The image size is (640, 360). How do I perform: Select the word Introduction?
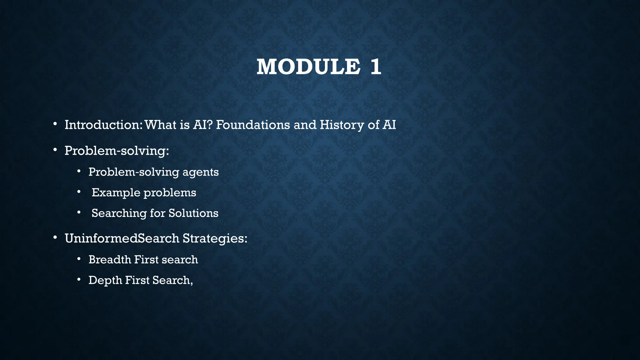click(x=103, y=125)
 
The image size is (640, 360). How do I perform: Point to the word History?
click(x=342, y=125)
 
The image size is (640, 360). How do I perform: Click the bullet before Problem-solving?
click(x=55, y=150)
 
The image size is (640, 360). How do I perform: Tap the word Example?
click(x=116, y=193)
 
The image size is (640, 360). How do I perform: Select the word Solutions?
click(x=193, y=213)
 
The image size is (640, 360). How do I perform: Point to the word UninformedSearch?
click(x=122, y=238)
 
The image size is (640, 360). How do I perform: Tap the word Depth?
click(x=105, y=281)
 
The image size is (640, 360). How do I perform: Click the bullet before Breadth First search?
click(x=79, y=259)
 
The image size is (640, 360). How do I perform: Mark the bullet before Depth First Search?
click(x=79, y=280)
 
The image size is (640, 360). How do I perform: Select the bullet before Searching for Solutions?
click(x=79, y=212)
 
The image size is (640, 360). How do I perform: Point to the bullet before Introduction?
click(x=55, y=124)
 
